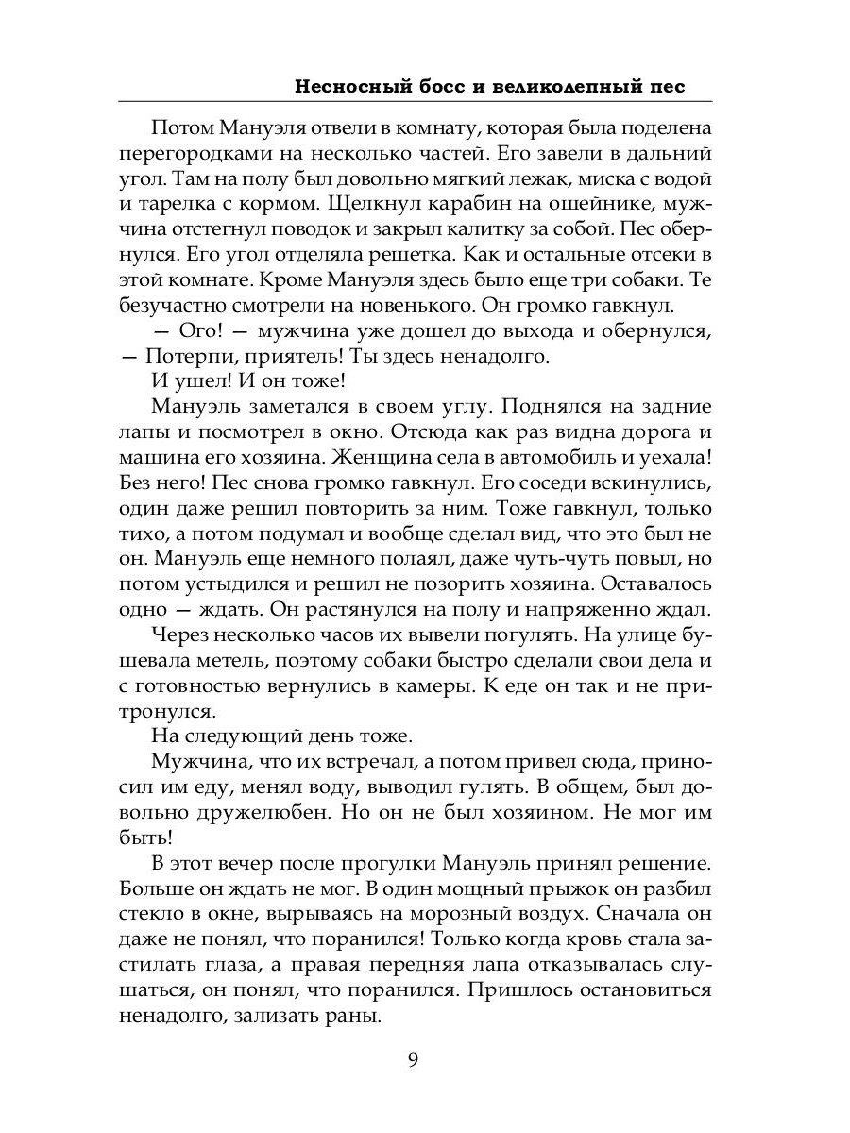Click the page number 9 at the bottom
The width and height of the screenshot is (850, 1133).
[x=414, y=1057]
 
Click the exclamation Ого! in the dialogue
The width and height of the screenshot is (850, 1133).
[x=197, y=331]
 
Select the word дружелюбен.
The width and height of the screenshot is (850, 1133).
[x=247, y=816]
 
